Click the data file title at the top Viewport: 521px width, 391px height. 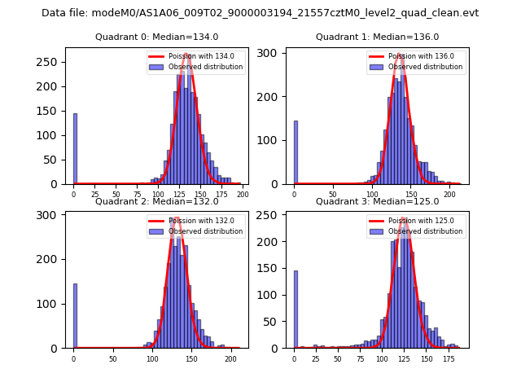(x=260, y=13)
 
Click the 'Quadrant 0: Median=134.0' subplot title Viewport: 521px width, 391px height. (x=156, y=37)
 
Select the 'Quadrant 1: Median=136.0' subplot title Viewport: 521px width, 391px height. (x=377, y=37)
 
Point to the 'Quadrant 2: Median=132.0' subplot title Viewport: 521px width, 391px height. (x=156, y=201)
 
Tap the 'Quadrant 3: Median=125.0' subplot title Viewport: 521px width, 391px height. (x=377, y=201)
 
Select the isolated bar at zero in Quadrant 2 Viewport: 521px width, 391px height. (x=75, y=316)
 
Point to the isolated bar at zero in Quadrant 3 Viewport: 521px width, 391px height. (x=296, y=316)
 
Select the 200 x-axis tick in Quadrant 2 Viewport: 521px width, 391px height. (x=230, y=359)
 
